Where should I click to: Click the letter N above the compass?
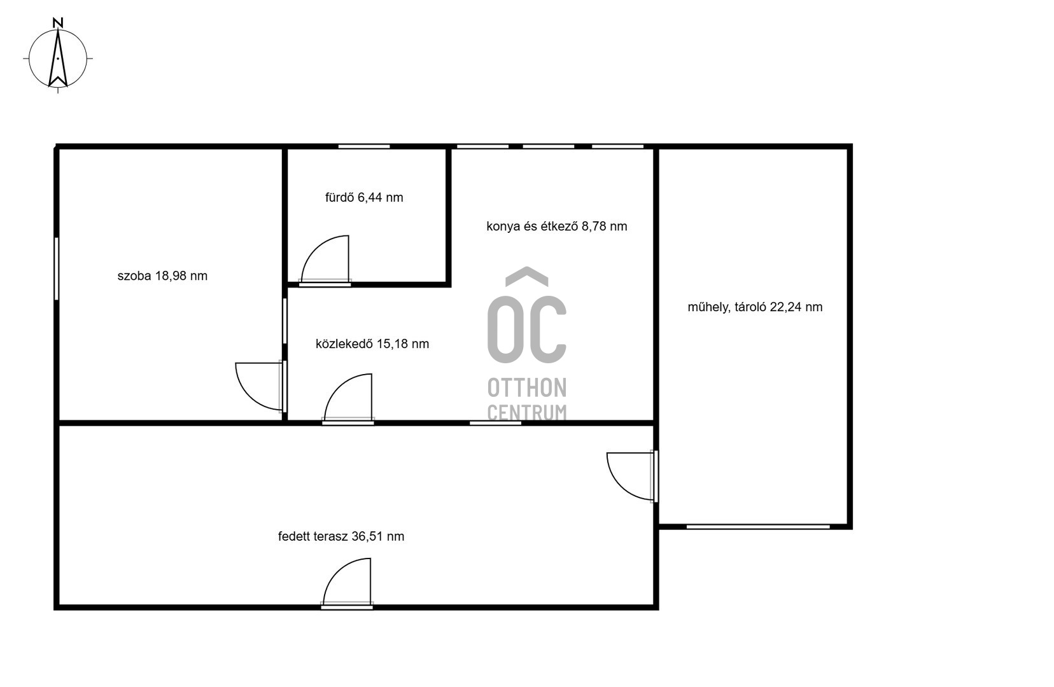58,22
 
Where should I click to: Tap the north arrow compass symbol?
58,59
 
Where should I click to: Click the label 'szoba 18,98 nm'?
162,276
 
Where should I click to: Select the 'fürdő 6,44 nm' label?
364,197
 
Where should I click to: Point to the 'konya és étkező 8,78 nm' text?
557,226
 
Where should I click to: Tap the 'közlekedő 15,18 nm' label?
372,343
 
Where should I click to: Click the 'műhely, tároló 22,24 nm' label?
755,307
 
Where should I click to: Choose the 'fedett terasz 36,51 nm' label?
341,536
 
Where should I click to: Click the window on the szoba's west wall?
57,268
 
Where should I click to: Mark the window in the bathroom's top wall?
364,147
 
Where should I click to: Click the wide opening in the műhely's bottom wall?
757,527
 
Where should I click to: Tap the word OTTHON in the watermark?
527,388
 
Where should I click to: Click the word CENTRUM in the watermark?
527,412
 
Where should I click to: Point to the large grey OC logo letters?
527,329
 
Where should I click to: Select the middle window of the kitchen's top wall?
549,147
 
